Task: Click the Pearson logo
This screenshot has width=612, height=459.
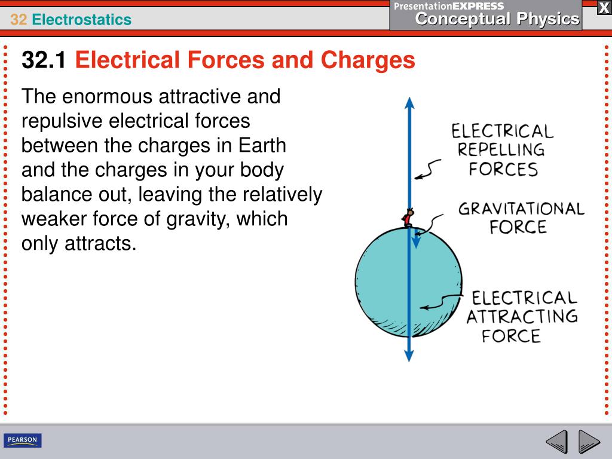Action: point(23,440)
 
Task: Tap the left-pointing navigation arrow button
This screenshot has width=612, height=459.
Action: point(556,442)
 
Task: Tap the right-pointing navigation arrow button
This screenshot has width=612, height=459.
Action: point(589,442)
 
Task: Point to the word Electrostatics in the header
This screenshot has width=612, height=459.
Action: point(82,20)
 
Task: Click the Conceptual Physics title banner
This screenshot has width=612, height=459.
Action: point(497,19)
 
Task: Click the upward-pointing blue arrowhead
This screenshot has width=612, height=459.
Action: point(409,102)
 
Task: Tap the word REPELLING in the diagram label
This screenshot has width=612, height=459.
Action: point(501,150)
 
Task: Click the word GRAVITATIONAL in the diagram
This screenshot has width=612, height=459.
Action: point(521,209)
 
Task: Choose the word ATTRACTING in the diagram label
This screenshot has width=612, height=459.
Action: point(522,317)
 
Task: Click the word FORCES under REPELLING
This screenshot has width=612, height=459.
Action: point(503,169)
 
